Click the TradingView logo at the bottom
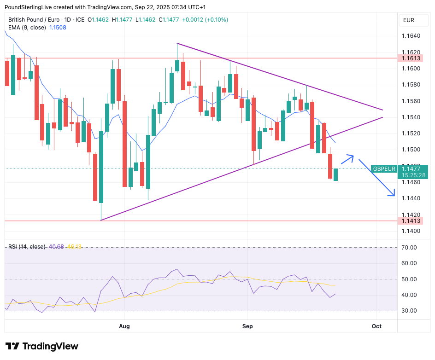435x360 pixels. coord(42,346)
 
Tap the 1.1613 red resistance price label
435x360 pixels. coord(411,58)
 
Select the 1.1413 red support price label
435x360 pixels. coord(411,221)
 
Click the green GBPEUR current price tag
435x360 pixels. coord(400,172)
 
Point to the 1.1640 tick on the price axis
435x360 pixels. coord(411,36)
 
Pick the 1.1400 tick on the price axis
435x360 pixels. coord(411,231)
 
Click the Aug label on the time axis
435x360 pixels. coord(124,326)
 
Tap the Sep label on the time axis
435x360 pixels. coord(248,326)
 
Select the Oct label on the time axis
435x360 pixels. coord(376,326)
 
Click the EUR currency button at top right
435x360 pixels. coord(409,20)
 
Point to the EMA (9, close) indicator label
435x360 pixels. coord(27,28)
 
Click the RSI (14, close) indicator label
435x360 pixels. coord(27,247)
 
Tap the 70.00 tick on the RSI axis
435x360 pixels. coord(409,248)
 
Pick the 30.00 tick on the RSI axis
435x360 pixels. coord(409,311)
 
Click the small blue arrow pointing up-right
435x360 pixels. coord(347,159)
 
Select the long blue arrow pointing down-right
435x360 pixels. coord(377,178)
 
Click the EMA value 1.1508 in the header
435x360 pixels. coord(58,28)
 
